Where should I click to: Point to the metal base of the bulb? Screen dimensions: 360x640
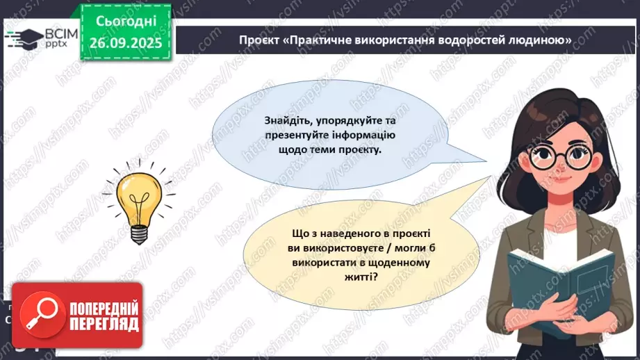(139, 234)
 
